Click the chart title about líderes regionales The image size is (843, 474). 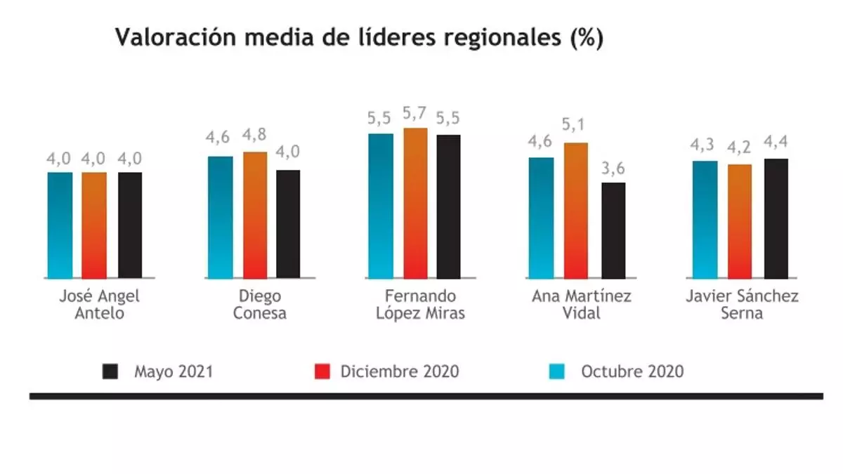click(x=359, y=39)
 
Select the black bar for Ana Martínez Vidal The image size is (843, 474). click(x=613, y=230)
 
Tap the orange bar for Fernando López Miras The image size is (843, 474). click(x=415, y=204)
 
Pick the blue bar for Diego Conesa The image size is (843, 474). click(x=220, y=217)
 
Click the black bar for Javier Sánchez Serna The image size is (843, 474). click(x=776, y=218)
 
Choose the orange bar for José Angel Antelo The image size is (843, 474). click(x=94, y=225)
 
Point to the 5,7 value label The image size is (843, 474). click(x=414, y=112)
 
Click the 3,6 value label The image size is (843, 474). click(x=613, y=169)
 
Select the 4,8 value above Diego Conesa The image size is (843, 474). click(x=256, y=136)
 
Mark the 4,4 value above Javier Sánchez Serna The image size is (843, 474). click(x=776, y=144)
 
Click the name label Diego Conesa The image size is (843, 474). click(x=259, y=305)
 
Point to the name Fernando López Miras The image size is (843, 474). click(x=420, y=305)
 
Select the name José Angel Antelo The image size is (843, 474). click(x=99, y=305)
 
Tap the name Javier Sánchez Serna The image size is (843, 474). click(x=742, y=305)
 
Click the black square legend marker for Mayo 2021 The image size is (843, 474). click(x=110, y=371)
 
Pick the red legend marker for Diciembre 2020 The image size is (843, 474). click(x=322, y=371)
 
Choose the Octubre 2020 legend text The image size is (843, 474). click(x=632, y=371)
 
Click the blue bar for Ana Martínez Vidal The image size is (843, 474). click(x=541, y=218)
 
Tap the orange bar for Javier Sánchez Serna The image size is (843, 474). click(x=740, y=221)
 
